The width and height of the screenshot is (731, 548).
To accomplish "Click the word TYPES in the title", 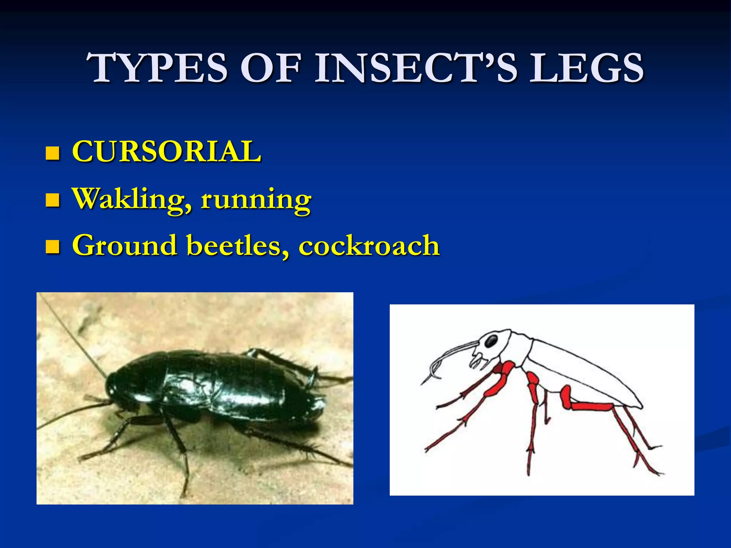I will pos(157,68).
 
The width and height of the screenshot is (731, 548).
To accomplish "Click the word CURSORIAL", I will pos(166,151).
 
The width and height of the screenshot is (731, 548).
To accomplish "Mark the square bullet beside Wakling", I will pos(52,201).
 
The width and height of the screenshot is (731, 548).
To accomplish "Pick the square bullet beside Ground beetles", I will pos(52,247).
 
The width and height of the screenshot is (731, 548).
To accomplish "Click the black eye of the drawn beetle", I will pos(491,341).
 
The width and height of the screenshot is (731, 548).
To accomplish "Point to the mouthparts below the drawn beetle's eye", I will pos(478,360).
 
